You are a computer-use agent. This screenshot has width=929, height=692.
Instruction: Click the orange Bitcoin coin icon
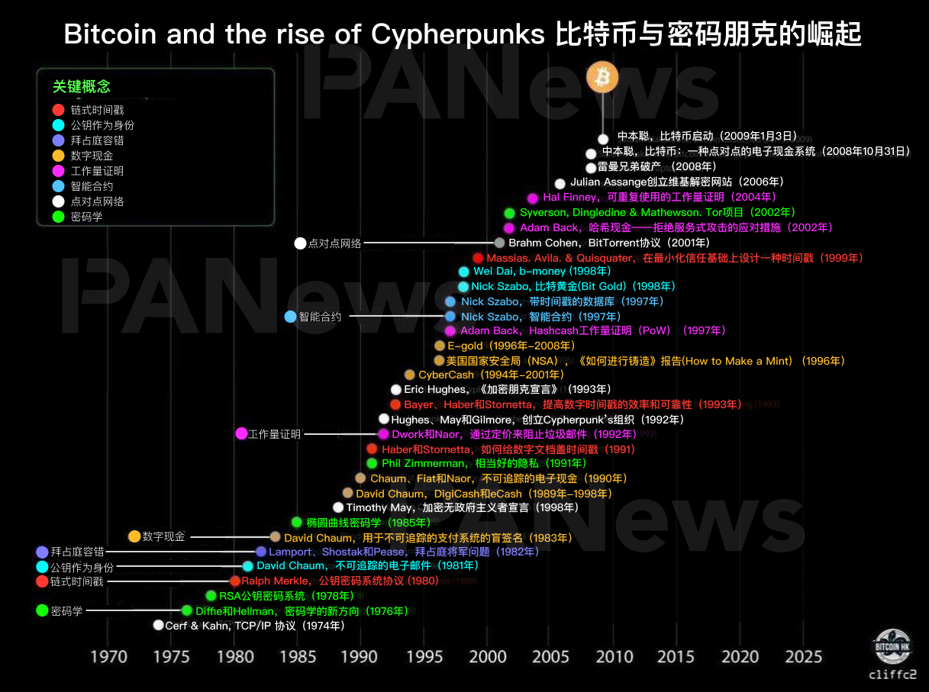point(602,77)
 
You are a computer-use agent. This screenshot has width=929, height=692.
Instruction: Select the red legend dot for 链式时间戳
point(58,110)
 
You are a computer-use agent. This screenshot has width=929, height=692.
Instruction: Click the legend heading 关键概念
point(82,87)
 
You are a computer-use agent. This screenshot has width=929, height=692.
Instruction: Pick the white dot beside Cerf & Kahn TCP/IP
point(158,625)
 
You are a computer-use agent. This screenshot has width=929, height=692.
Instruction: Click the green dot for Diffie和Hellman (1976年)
point(186,610)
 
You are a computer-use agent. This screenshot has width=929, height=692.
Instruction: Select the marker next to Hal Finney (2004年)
point(533,198)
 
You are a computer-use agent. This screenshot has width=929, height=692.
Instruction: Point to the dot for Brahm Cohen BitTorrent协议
point(499,243)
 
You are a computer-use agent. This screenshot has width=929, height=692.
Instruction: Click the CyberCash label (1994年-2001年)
point(446,375)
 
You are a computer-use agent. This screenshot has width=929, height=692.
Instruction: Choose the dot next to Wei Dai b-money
point(463,272)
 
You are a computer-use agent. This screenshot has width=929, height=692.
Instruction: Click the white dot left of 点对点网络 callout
point(300,243)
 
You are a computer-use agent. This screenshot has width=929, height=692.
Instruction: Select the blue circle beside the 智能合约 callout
point(290,317)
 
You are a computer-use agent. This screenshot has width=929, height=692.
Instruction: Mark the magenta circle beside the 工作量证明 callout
point(241,434)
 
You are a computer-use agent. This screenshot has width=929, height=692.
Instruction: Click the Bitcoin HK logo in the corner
point(892,645)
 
